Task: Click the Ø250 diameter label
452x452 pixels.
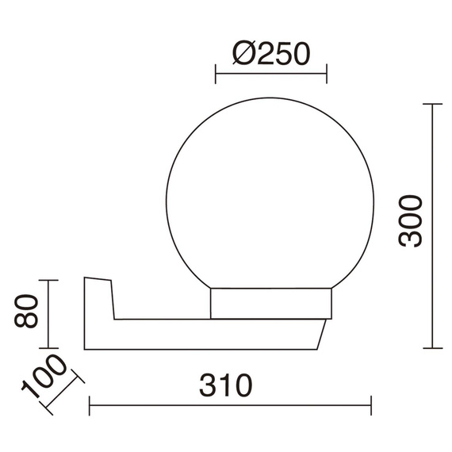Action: [271, 54]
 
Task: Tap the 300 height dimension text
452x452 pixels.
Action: [410, 221]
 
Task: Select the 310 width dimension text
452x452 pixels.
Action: [226, 385]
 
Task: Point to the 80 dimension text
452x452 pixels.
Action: [26, 311]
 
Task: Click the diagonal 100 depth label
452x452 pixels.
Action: [44, 376]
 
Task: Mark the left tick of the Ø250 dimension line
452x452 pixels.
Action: [216, 74]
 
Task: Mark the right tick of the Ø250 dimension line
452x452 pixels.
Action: [327, 74]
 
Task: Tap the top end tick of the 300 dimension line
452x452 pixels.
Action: [432, 104]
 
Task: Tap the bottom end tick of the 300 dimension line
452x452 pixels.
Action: [432, 348]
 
